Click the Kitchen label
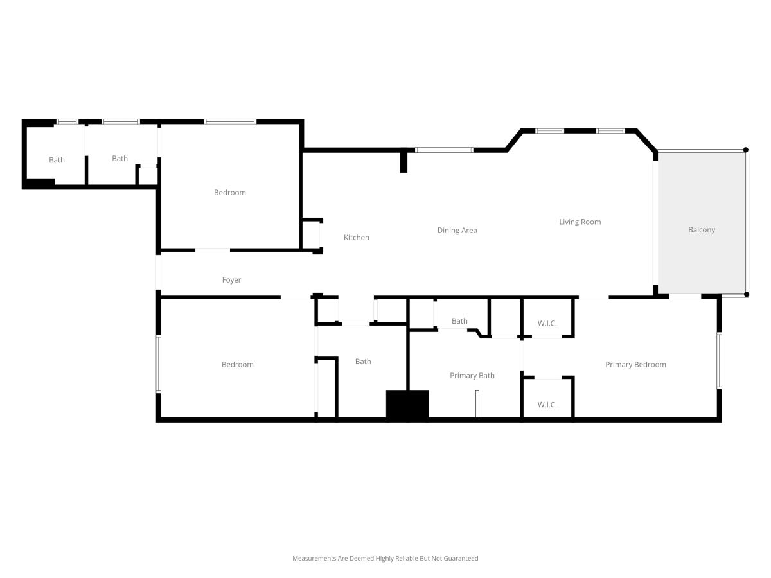pos(356,237)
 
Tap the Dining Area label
pos(457,230)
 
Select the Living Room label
pos(580,222)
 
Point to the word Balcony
pos(702,230)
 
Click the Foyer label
pos(231,280)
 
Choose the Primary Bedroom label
pos(635,365)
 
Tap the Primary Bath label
pos(472,376)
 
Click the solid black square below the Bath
pos(407,405)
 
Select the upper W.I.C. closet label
pos(547,323)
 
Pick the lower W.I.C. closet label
pos(547,405)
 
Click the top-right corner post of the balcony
pos(746,150)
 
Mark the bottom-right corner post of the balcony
pos(747,294)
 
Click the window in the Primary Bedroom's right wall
pos(719,360)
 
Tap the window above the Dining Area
pos(444,150)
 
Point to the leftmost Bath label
pos(57,160)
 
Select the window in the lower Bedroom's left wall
pos(159,364)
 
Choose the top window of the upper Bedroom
pos(230,122)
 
